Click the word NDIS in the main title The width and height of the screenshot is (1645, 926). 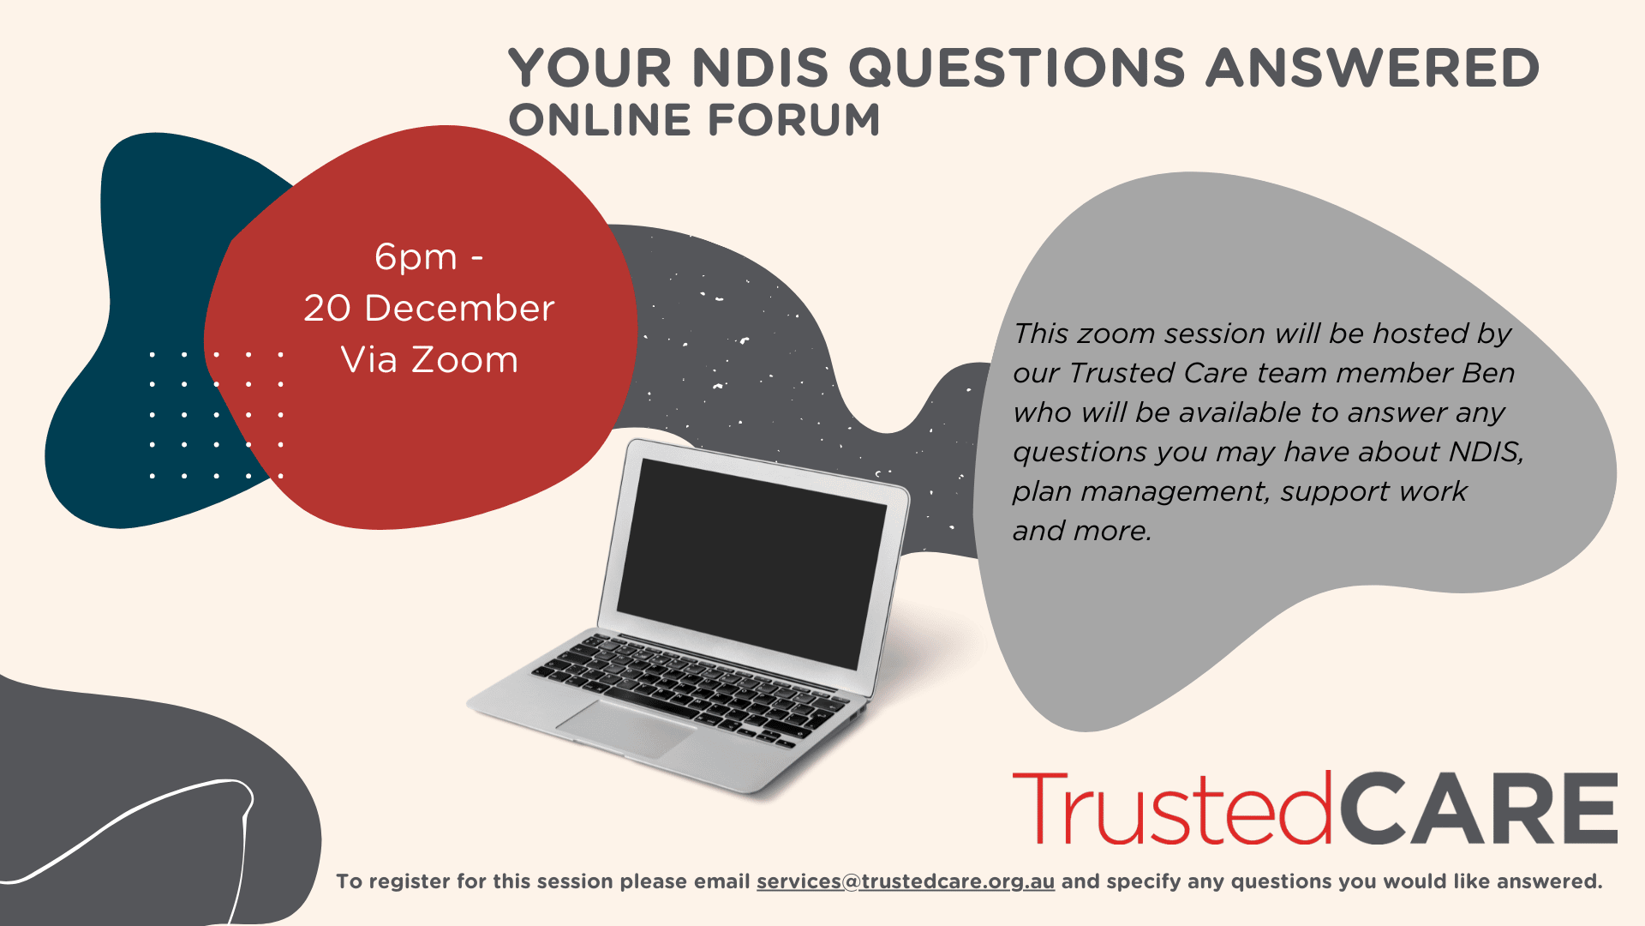[760, 68]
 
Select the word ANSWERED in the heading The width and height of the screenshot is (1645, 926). [1373, 68]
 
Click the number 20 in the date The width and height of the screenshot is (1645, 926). [327, 309]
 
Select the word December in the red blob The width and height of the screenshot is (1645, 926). [459, 309]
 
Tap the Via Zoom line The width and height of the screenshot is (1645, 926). [429, 360]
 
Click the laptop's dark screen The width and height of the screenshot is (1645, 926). [751, 562]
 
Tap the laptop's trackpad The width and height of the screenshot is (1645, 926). [626, 728]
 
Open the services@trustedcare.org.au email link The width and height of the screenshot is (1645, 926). [906, 881]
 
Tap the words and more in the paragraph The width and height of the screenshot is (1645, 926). [1081, 531]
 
